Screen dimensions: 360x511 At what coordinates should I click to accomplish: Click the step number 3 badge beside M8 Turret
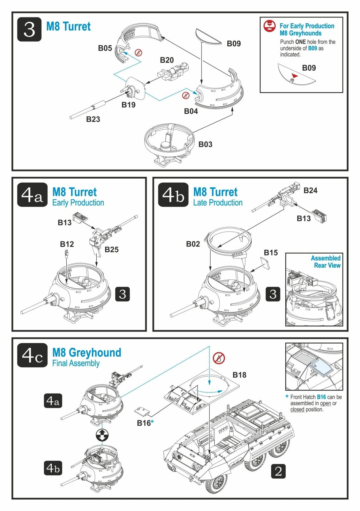[x=29, y=29]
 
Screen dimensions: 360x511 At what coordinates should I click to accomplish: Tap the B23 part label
[x=93, y=119]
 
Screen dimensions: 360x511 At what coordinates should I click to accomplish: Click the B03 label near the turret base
[x=205, y=144]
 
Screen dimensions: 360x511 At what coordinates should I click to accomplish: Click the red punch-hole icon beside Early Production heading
[x=269, y=26]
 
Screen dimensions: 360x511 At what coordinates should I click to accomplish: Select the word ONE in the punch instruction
[x=301, y=42]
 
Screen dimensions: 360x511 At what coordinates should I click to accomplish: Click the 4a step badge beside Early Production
[x=32, y=194]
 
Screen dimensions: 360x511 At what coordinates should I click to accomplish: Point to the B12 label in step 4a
[x=67, y=244]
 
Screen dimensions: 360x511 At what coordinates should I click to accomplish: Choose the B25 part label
[x=111, y=249]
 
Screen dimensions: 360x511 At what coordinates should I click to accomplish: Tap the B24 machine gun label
[x=310, y=190]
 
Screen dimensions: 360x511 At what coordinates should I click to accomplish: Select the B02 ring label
[x=193, y=244]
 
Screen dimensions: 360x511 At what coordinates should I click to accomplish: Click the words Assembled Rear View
[x=326, y=262]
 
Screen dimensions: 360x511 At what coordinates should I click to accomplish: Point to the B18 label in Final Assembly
[x=239, y=375]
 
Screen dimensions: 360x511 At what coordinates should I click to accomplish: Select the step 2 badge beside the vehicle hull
[x=278, y=471]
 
